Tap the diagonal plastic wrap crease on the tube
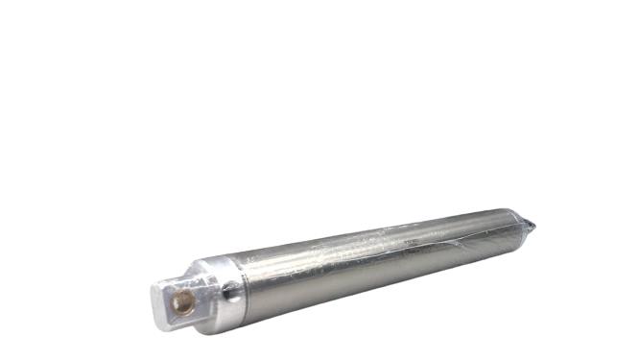(x=451, y=246)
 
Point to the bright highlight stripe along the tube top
(x=384, y=235)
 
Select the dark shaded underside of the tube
(x=384, y=278)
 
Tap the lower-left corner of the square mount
(x=159, y=324)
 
